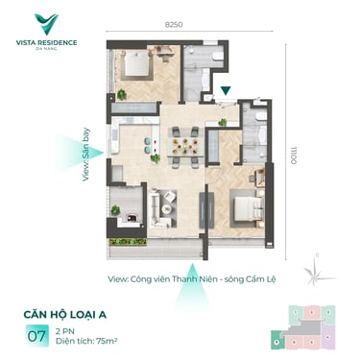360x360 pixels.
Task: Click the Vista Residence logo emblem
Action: [46, 24]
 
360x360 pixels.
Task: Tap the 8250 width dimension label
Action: [174, 25]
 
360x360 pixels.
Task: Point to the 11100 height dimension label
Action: [294, 155]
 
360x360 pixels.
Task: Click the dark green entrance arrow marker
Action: [227, 90]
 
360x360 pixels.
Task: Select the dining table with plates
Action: [185, 147]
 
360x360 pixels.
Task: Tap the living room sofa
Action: [157, 208]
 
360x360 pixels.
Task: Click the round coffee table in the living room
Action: [167, 209]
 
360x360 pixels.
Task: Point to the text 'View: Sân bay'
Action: [85, 155]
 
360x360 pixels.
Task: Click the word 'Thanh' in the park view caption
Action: [183, 279]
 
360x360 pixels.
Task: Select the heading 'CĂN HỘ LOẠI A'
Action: [65, 315]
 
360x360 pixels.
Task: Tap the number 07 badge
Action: [36, 336]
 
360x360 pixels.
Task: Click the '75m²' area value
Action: [107, 341]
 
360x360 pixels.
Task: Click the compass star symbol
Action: [316, 273]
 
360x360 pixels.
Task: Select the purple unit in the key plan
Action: [327, 337]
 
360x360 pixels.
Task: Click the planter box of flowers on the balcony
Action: [128, 242]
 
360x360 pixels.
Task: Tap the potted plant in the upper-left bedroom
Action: [122, 95]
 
